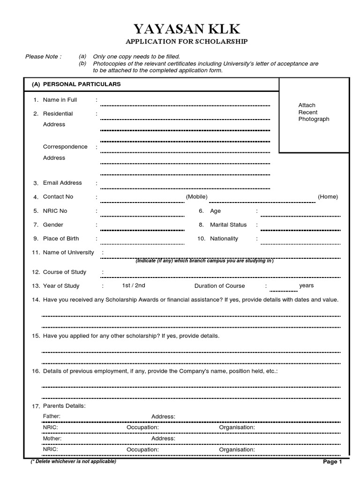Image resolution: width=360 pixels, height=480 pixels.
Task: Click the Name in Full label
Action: point(60,100)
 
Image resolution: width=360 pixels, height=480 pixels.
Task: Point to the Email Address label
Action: point(62,183)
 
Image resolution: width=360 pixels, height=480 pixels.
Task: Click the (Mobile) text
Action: point(196,197)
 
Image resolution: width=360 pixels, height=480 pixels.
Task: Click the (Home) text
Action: point(328,197)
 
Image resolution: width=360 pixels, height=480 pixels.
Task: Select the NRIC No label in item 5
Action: point(55,211)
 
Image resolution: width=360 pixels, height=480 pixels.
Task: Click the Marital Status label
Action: point(228,225)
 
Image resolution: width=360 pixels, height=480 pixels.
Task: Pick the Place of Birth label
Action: point(61,239)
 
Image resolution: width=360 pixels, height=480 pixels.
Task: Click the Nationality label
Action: point(224,239)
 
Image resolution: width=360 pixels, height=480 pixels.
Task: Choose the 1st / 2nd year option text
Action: point(134,285)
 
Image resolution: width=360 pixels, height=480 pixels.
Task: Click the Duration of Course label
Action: point(219,286)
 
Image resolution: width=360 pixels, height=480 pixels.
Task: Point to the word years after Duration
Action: point(307,285)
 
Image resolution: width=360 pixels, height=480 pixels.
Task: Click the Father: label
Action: point(52,416)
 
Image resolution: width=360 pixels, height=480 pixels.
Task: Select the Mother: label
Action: point(52,438)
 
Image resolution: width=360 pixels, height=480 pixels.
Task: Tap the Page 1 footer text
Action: point(333,462)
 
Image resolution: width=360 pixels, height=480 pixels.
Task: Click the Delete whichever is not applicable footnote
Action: point(74,461)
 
